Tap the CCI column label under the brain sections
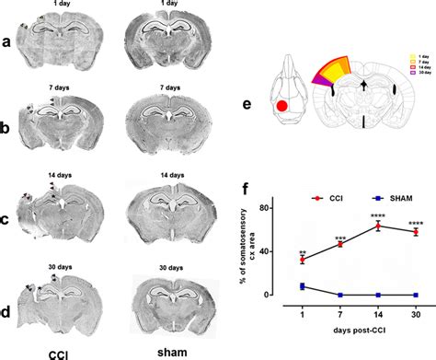(x=57, y=351)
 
